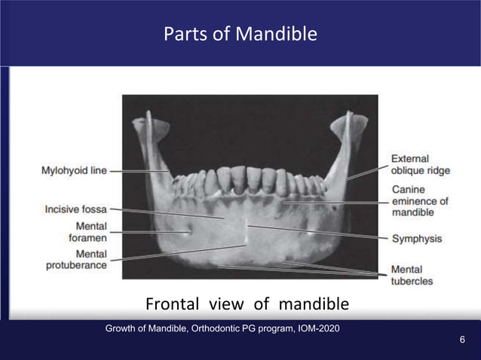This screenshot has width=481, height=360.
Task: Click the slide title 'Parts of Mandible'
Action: [240, 34]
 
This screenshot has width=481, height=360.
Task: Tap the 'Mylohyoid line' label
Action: [73, 171]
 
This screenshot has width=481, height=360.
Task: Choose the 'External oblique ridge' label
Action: [420, 165]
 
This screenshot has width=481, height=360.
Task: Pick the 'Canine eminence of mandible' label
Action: [419, 201]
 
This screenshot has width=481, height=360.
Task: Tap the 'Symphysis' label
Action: [416, 239]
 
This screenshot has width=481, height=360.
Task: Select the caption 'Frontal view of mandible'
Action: [247, 304]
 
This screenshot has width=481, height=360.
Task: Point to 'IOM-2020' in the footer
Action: [316, 328]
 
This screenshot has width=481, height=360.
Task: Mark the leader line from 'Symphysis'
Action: [317, 231]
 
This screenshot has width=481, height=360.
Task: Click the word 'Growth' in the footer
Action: [123, 328]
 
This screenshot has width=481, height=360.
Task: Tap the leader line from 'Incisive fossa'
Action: [166, 213]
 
